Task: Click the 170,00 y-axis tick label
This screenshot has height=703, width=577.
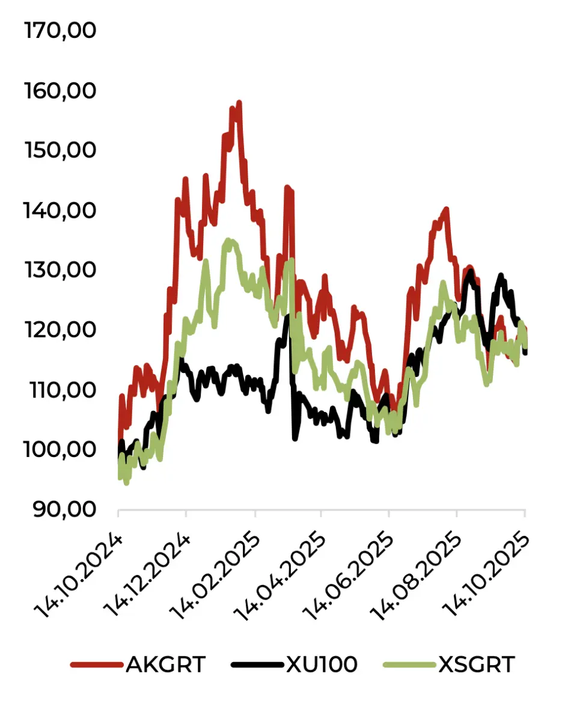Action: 60,31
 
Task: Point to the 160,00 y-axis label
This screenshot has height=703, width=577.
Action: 60,91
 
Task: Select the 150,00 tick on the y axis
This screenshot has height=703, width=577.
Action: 60,150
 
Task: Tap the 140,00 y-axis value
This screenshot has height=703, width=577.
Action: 60,210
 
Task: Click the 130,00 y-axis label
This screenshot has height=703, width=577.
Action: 60,270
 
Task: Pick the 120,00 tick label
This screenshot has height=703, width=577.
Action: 60,330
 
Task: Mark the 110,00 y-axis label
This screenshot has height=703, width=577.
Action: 60,390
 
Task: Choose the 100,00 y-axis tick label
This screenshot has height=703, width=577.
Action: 60,449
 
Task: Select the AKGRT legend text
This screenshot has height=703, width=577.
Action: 166,665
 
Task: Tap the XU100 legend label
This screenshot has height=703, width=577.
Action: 322,665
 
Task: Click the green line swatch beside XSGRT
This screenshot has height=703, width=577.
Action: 409,665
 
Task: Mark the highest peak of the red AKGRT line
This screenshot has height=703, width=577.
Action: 239,103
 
